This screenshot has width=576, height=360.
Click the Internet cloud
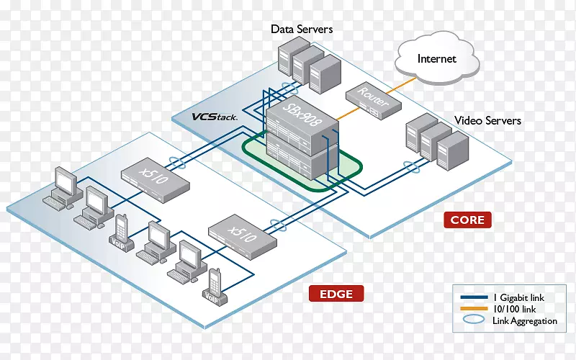coord(437,59)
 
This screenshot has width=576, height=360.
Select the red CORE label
coord(468,220)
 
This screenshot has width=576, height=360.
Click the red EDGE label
coord(336,293)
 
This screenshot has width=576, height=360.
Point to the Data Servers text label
coord(302,30)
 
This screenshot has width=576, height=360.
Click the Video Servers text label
coord(487,120)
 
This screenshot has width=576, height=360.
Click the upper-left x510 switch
coord(155,176)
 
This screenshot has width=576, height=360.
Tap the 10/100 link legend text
coord(514,310)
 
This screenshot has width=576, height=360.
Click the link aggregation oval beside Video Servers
coord(411,169)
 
